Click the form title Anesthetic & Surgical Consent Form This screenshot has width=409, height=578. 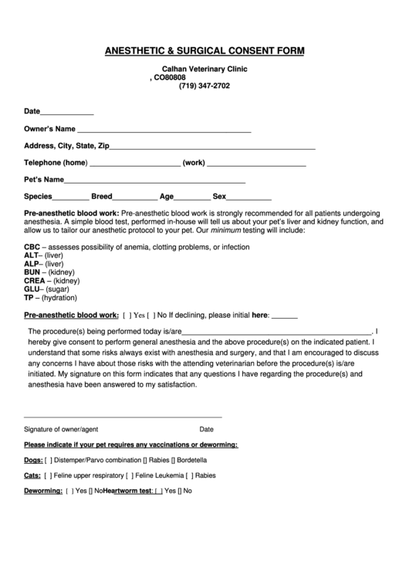(x=204, y=51)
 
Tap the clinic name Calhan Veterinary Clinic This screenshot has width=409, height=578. (x=204, y=69)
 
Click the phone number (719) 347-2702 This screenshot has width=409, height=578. (x=204, y=86)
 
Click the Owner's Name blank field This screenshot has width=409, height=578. (x=164, y=130)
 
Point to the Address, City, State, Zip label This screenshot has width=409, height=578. (x=66, y=146)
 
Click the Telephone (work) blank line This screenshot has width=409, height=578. (x=256, y=164)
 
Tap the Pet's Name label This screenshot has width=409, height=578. (x=43, y=180)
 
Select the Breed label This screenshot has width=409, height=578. (x=102, y=196)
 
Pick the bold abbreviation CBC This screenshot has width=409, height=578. (x=32, y=247)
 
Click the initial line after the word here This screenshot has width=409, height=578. (x=285, y=316)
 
